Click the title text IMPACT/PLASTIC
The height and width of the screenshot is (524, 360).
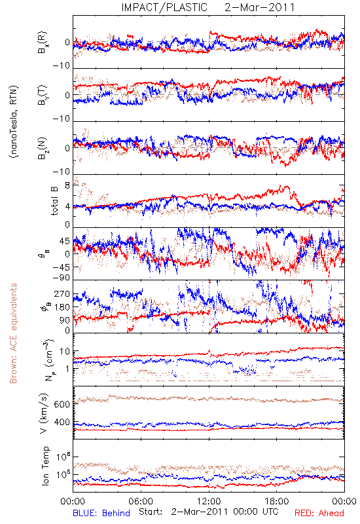point(164,7)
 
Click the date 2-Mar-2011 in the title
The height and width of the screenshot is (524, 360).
point(259,7)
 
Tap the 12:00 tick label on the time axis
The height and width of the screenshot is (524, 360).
point(209,501)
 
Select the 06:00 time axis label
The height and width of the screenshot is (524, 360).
point(141,501)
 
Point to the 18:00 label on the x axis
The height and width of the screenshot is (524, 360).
point(277,501)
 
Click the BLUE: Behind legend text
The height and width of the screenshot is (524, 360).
point(101,513)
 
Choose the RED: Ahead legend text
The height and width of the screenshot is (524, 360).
point(319,513)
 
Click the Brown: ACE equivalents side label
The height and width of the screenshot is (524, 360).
point(13,333)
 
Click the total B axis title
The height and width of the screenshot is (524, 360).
point(54,200)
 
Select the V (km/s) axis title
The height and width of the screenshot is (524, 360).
point(44,413)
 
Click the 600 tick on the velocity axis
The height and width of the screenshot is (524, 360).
point(62,404)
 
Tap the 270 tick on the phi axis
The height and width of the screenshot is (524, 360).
point(62,294)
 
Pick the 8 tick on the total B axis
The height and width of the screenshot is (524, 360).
point(67,185)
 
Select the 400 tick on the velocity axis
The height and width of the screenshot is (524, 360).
point(62,422)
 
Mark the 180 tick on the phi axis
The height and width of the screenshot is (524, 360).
point(62,307)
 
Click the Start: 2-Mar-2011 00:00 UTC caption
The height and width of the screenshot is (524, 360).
point(209,512)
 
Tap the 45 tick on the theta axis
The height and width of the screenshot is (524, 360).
point(65,241)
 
